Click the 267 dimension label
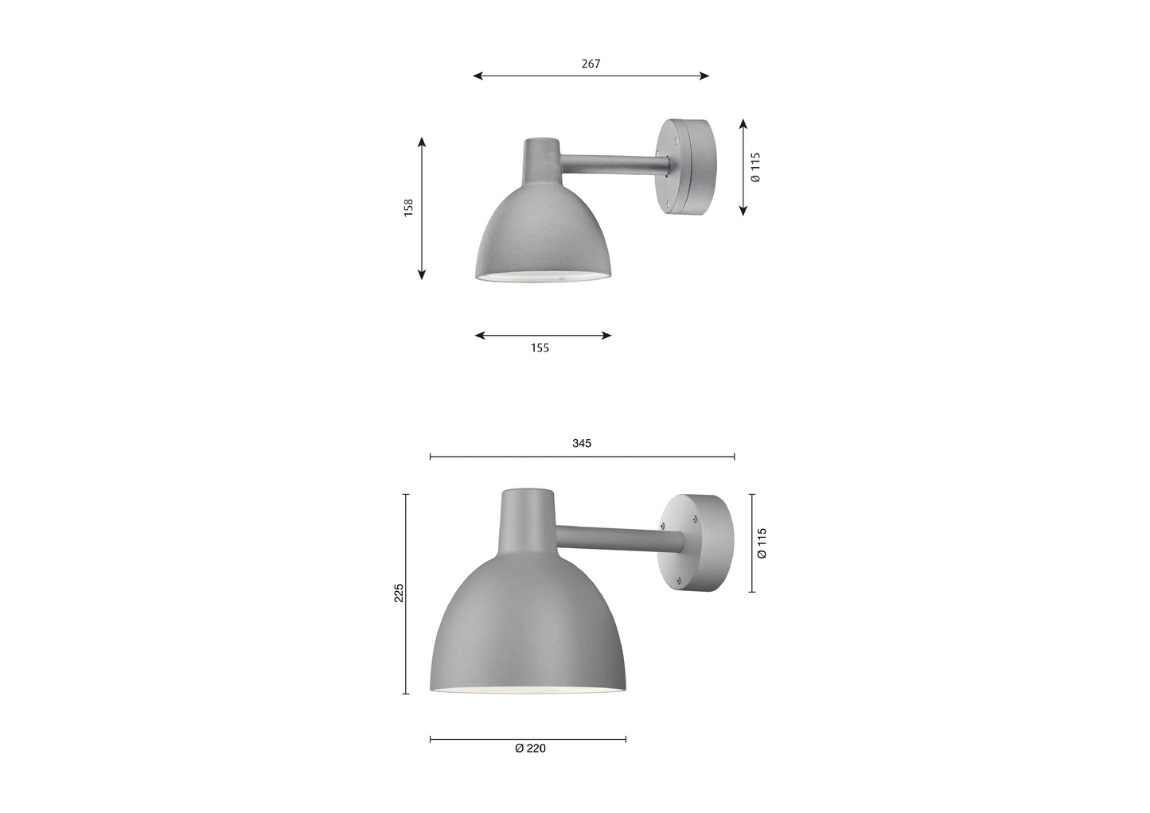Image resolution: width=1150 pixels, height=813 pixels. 591,64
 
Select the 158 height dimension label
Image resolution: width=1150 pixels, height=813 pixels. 408,208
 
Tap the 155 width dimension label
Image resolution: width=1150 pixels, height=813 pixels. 540,348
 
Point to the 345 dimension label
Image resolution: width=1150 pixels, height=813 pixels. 582,443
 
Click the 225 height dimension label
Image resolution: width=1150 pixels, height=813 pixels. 399,593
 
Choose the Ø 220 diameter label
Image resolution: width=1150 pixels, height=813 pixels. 530,749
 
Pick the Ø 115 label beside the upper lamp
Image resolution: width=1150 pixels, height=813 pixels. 755,167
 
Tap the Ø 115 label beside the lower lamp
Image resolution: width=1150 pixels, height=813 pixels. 762,543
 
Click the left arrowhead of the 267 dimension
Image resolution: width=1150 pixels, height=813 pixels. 478,76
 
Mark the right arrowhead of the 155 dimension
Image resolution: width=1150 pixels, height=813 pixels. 606,336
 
